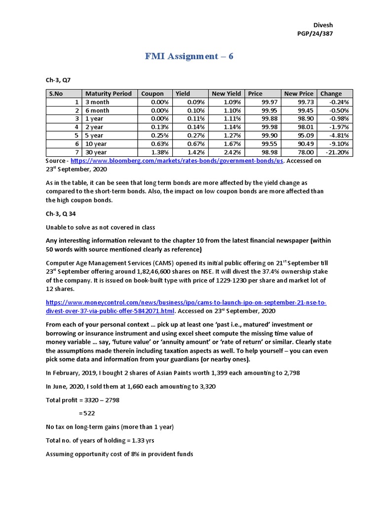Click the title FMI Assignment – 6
(x=189, y=56)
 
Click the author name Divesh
(x=323, y=25)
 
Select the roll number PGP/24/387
(x=318, y=34)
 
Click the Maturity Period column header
(x=108, y=93)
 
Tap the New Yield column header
(x=226, y=93)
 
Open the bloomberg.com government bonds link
(x=177, y=161)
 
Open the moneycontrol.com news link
(x=186, y=306)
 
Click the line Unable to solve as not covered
(x=100, y=227)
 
